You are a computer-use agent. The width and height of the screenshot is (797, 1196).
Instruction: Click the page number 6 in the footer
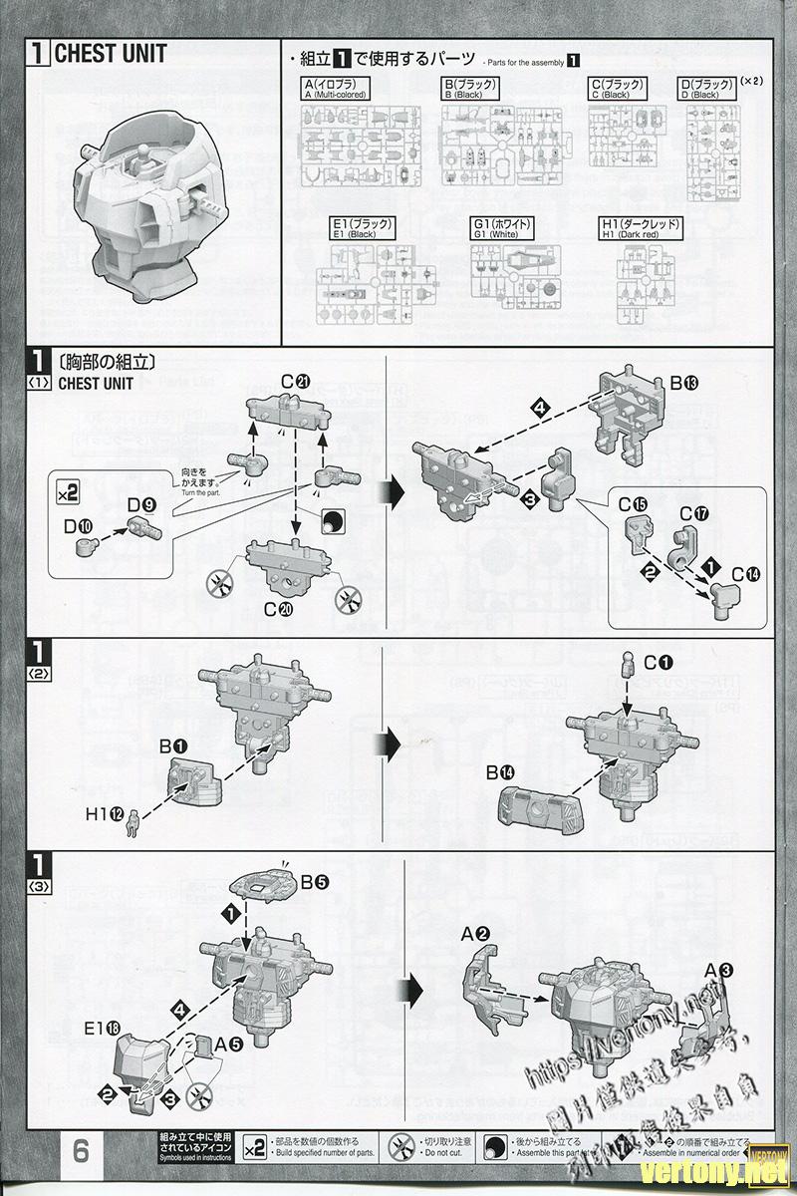pyautogui.click(x=81, y=1149)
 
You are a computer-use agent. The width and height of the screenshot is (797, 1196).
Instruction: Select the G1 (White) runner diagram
pyautogui.click(x=516, y=283)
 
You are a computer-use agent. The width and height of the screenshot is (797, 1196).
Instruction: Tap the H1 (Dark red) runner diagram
pyautogui.click(x=647, y=284)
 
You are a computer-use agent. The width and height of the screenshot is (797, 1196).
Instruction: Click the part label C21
pyautogui.click(x=296, y=379)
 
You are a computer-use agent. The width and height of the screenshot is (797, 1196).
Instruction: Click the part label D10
pyautogui.click(x=85, y=524)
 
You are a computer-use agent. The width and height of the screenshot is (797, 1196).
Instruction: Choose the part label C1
pyautogui.click(x=659, y=661)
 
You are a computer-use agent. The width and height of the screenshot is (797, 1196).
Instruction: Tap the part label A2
pyautogui.click(x=475, y=934)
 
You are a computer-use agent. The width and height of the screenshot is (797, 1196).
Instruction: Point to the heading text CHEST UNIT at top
pyautogui.click(x=110, y=54)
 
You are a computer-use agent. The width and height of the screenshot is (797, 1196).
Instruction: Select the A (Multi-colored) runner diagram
pyautogui.click(x=361, y=144)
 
